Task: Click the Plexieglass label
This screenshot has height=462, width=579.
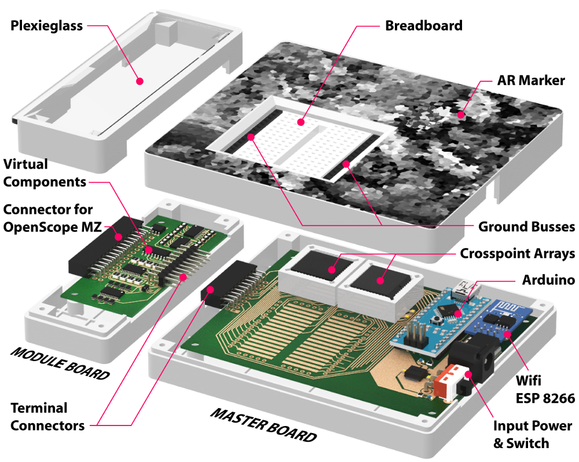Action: click(x=46, y=26)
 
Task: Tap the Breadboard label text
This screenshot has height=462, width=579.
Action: click(x=424, y=26)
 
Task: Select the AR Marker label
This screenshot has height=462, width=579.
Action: click(x=530, y=80)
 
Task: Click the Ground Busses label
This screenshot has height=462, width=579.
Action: click(x=526, y=226)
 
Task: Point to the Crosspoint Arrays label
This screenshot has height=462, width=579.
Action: click(x=517, y=253)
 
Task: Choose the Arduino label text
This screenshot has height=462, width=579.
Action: click(x=547, y=280)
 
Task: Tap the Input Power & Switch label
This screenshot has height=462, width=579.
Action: click(x=532, y=435)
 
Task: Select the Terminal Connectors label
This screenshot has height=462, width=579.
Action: click(x=47, y=416)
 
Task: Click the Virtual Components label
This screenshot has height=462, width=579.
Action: click(x=45, y=173)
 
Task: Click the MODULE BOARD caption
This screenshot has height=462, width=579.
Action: click(x=60, y=363)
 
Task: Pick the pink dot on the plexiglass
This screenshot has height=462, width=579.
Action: click(x=140, y=82)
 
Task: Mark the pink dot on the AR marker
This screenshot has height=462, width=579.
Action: click(x=461, y=114)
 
